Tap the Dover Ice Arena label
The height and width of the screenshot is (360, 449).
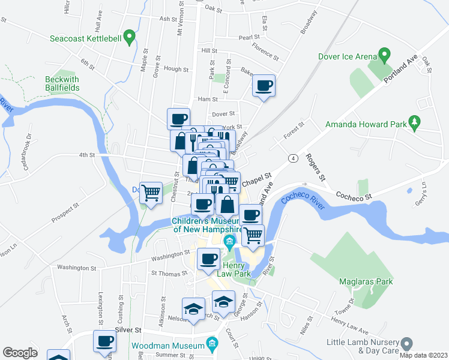point(347,58)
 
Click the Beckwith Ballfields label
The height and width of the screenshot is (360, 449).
point(62,83)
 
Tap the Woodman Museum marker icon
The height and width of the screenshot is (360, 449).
point(211,344)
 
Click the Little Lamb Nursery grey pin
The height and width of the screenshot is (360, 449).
point(407,344)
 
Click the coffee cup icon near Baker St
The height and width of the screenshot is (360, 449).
point(264,85)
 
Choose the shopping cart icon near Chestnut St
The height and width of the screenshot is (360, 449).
point(151,193)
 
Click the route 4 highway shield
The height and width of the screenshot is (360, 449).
point(292,158)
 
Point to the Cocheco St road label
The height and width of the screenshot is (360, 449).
point(354,196)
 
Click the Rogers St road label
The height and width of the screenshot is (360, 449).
point(315,167)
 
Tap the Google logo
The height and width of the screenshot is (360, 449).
point(20,353)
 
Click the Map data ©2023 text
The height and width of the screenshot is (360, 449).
point(423,355)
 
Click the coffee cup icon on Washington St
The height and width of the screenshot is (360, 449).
point(208,259)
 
